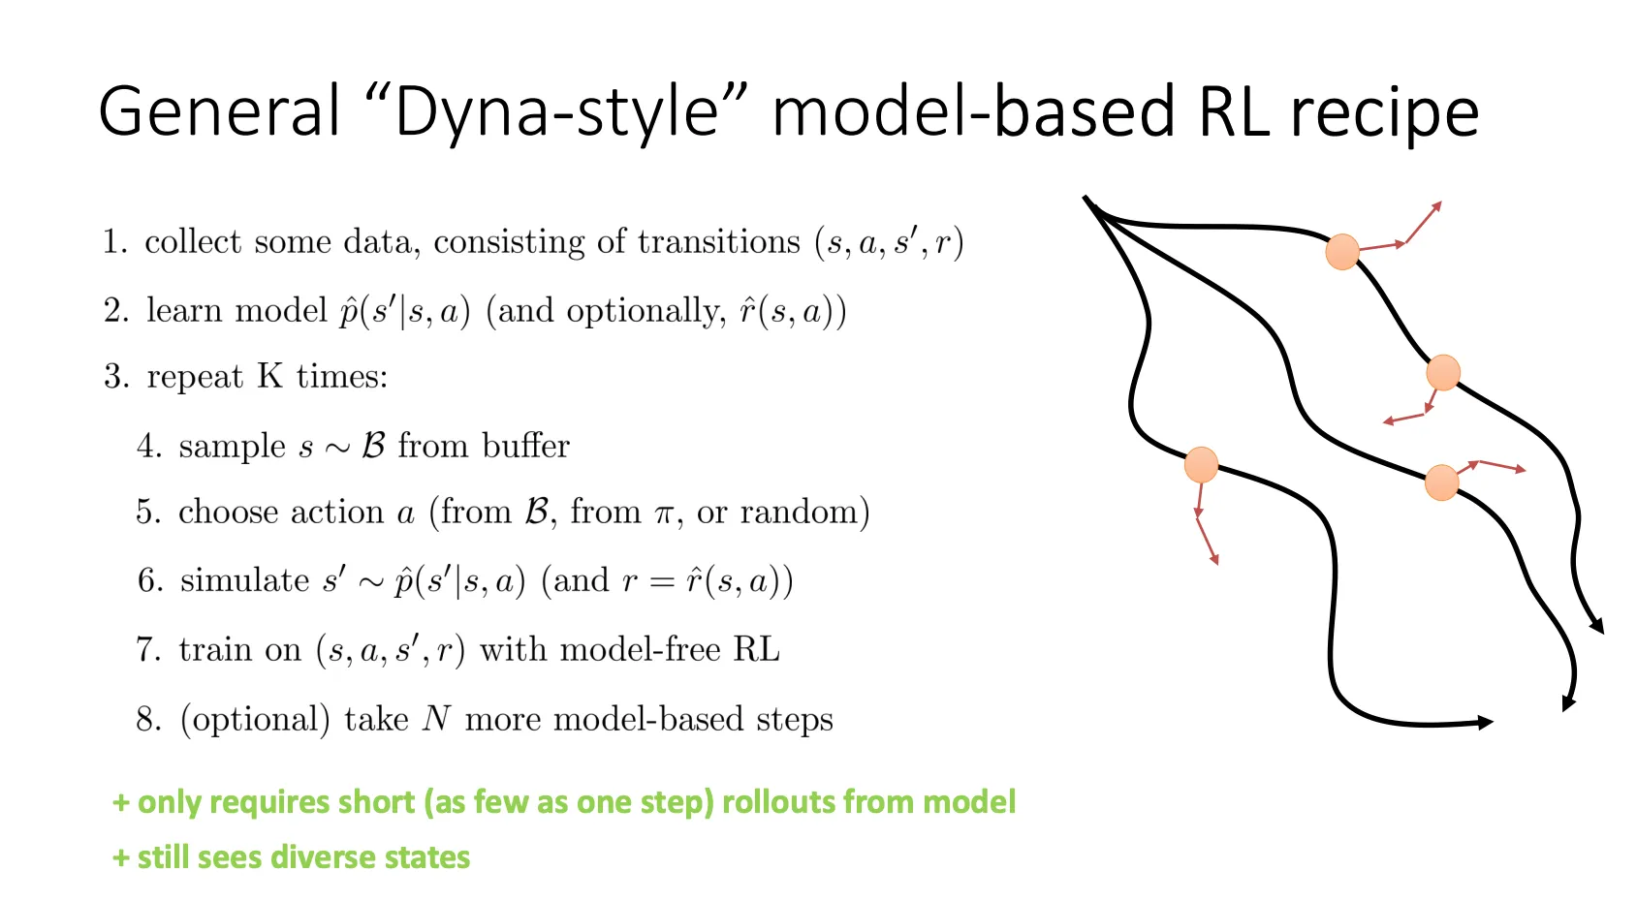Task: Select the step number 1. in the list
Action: click(115, 242)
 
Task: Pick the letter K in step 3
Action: click(269, 376)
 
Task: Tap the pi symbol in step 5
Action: click(664, 513)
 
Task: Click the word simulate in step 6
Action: click(244, 580)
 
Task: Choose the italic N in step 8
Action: click(437, 719)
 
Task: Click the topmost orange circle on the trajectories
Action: click(1341, 252)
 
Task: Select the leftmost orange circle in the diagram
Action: click(1201, 465)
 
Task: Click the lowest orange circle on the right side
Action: click(1442, 482)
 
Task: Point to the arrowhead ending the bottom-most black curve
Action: click(1485, 722)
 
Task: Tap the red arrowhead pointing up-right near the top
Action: click(1437, 205)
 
